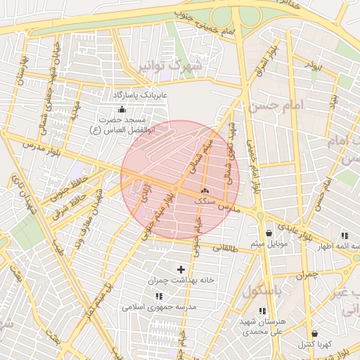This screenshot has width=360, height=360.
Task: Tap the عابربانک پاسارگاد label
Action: pyautogui.click(x=139, y=94)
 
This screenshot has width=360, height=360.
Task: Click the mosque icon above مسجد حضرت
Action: pyautogui.click(x=122, y=109)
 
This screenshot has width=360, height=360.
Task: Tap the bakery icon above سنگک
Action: pyautogui.click(x=205, y=191)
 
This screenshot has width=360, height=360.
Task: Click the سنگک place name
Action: pyautogui.click(x=205, y=201)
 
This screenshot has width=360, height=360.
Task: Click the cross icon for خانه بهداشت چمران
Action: pyautogui.click(x=181, y=269)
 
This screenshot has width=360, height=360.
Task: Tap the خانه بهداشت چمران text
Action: pyautogui.click(x=181, y=280)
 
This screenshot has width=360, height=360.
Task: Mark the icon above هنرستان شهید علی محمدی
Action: pyautogui.click(x=262, y=311)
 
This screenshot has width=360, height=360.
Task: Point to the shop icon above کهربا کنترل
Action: pyautogui.click(x=314, y=333)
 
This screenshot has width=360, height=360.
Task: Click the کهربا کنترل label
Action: pyautogui.click(x=314, y=344)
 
